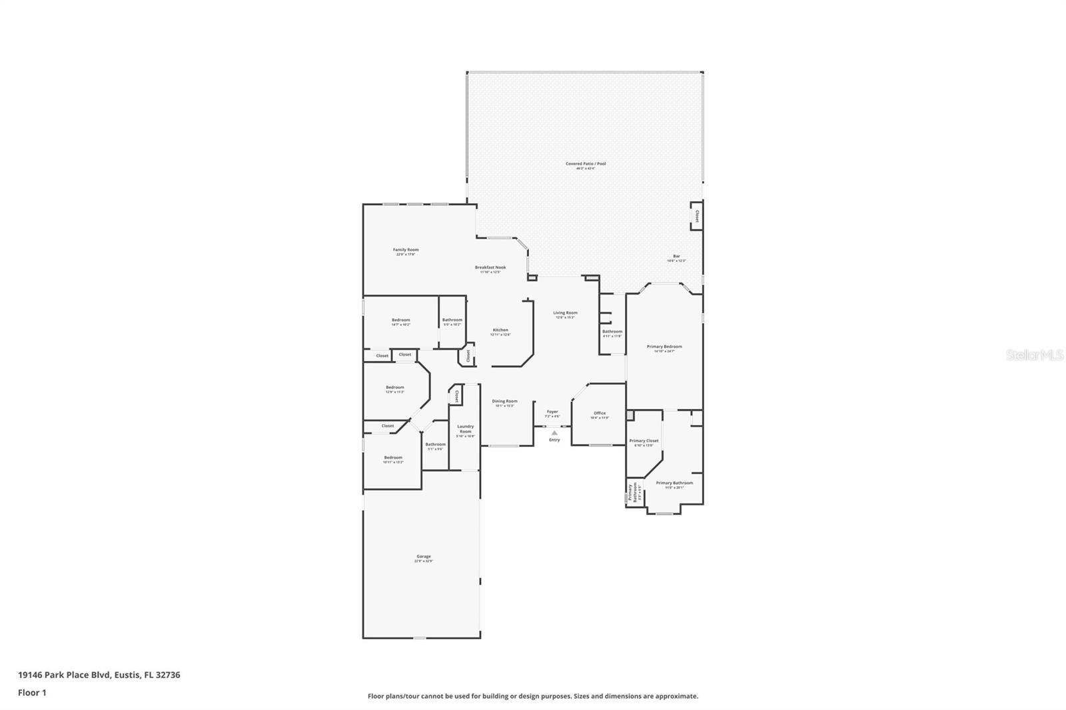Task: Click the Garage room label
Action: point(424,557)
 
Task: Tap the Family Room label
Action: point(406,250)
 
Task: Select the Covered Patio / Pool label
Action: point(586,164)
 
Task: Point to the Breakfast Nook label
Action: point(490,268)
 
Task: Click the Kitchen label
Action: point(500,330)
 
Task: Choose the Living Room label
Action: point(565,313)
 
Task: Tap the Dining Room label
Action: point(504,402)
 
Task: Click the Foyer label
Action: point(552,412)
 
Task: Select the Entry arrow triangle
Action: point(554,433)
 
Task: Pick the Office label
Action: point(600,414)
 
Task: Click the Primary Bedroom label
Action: point(664,347)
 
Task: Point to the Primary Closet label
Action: point(644,441)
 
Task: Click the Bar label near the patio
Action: point(676,256)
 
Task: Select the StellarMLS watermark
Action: point(1035,356)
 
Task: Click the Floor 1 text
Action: point(32,693)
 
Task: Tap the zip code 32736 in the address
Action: point(167,675)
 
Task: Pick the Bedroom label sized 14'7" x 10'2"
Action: point(400,320)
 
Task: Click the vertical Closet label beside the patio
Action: point(697,216)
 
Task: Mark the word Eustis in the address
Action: point(127,675)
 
